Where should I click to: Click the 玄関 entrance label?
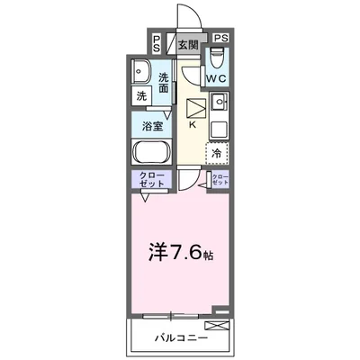pyautogui.click(x=186, y=43)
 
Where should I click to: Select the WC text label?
pyautogui.click(x=216, y=80)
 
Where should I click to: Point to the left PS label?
pyautogui.click(x=157, y=42)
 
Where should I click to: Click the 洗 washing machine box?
pyautogui.click(x=142, y=96)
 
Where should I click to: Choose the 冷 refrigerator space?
pyautogui.click(x=217, y=154)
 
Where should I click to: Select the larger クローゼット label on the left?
pyautogui.click(x=151, y=179)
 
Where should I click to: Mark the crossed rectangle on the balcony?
pyautogui.click(x=216, y=325)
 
